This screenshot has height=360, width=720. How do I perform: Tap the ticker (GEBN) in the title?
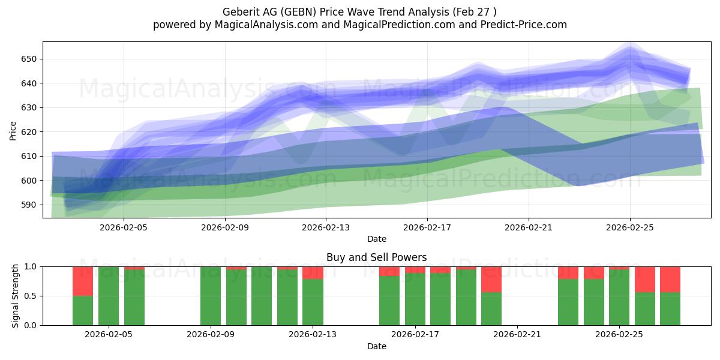(298, 12)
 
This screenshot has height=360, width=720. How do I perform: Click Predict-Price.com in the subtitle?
(524, 25)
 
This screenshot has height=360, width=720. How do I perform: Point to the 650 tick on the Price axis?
(29, 59)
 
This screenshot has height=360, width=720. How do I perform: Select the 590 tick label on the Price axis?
(29, 205)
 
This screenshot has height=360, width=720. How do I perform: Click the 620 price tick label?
(29, 132)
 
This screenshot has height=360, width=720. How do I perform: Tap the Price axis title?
(13, 131)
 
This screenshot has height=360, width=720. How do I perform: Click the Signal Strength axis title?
(15, 296)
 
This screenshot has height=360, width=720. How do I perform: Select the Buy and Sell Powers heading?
(376, 257)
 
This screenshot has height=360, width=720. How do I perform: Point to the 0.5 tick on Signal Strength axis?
(31, 296)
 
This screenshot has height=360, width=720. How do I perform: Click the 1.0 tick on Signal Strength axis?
(31, 267)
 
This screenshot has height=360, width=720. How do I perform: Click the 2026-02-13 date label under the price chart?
(326, 227)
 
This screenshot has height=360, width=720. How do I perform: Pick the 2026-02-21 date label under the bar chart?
(517, 335)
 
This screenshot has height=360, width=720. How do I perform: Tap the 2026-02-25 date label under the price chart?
(629, 227)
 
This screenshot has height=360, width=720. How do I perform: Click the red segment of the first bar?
(83, 281)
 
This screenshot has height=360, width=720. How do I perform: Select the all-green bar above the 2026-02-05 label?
(109, 296)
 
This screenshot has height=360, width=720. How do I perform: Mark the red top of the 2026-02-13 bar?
(313, 273)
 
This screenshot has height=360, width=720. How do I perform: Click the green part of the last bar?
(670, 309)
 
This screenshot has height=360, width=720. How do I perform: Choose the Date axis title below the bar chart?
(376, 347)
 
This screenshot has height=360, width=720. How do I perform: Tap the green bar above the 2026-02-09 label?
(211, 296)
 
